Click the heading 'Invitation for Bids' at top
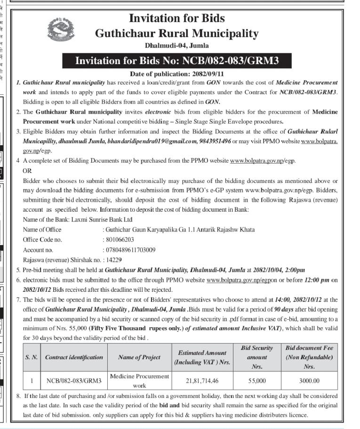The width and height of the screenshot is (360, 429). click(x=176, y=18)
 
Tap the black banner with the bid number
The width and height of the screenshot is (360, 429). click(x=177, y=61)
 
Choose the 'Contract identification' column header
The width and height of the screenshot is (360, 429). click(x=74, y=357)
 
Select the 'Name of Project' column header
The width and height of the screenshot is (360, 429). click(x=139, y=357)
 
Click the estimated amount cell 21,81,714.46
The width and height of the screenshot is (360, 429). click(x=202, y=380)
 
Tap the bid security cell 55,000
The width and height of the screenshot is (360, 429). click(x=256, y=380)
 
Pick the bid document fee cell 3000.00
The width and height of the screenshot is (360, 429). click(x=309, y=380)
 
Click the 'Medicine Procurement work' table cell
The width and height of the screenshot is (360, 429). click(x=139, y=380)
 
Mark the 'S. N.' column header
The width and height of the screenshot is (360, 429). click(x=31, y=357)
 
